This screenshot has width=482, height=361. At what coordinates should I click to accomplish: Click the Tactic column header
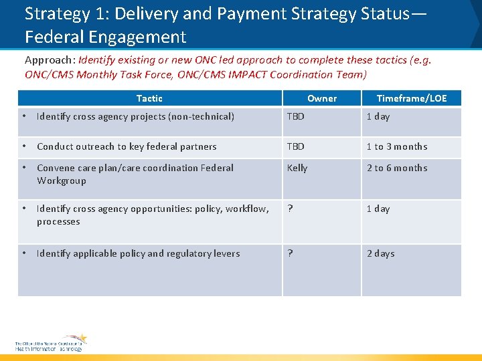click(x=149, y=98)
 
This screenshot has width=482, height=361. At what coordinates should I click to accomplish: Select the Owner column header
click(x=321, y=98)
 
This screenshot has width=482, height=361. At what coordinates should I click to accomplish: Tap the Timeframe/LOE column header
click(x=411, y=98)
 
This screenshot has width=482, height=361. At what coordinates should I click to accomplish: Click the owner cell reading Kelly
click(x=297, y=168)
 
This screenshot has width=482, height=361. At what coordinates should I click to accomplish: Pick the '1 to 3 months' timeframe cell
click(x=396, y=146)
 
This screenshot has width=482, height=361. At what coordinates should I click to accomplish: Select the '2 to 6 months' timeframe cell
click(x=396, y=168)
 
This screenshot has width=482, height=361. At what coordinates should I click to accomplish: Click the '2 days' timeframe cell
click(x=380, y=253)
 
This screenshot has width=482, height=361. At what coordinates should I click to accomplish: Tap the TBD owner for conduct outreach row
click(x=295, y=146)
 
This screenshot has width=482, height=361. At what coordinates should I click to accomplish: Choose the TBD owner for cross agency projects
click(x=295, y=116)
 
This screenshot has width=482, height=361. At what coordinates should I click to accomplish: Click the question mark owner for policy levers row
click(x=290, y=253)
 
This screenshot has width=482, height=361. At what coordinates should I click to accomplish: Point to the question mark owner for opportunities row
click(x=290, y=209)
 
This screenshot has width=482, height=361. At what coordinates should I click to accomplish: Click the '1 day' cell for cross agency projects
click(x=378, y=116)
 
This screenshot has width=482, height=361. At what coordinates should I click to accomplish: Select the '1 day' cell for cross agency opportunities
click(x=378, y=209)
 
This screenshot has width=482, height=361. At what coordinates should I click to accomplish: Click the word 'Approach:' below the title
click(x=50, y=59)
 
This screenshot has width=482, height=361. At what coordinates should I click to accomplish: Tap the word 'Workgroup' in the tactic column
click(x=61, y=180)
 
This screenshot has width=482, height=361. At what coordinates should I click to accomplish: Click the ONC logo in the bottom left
click(x=51, y=343)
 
